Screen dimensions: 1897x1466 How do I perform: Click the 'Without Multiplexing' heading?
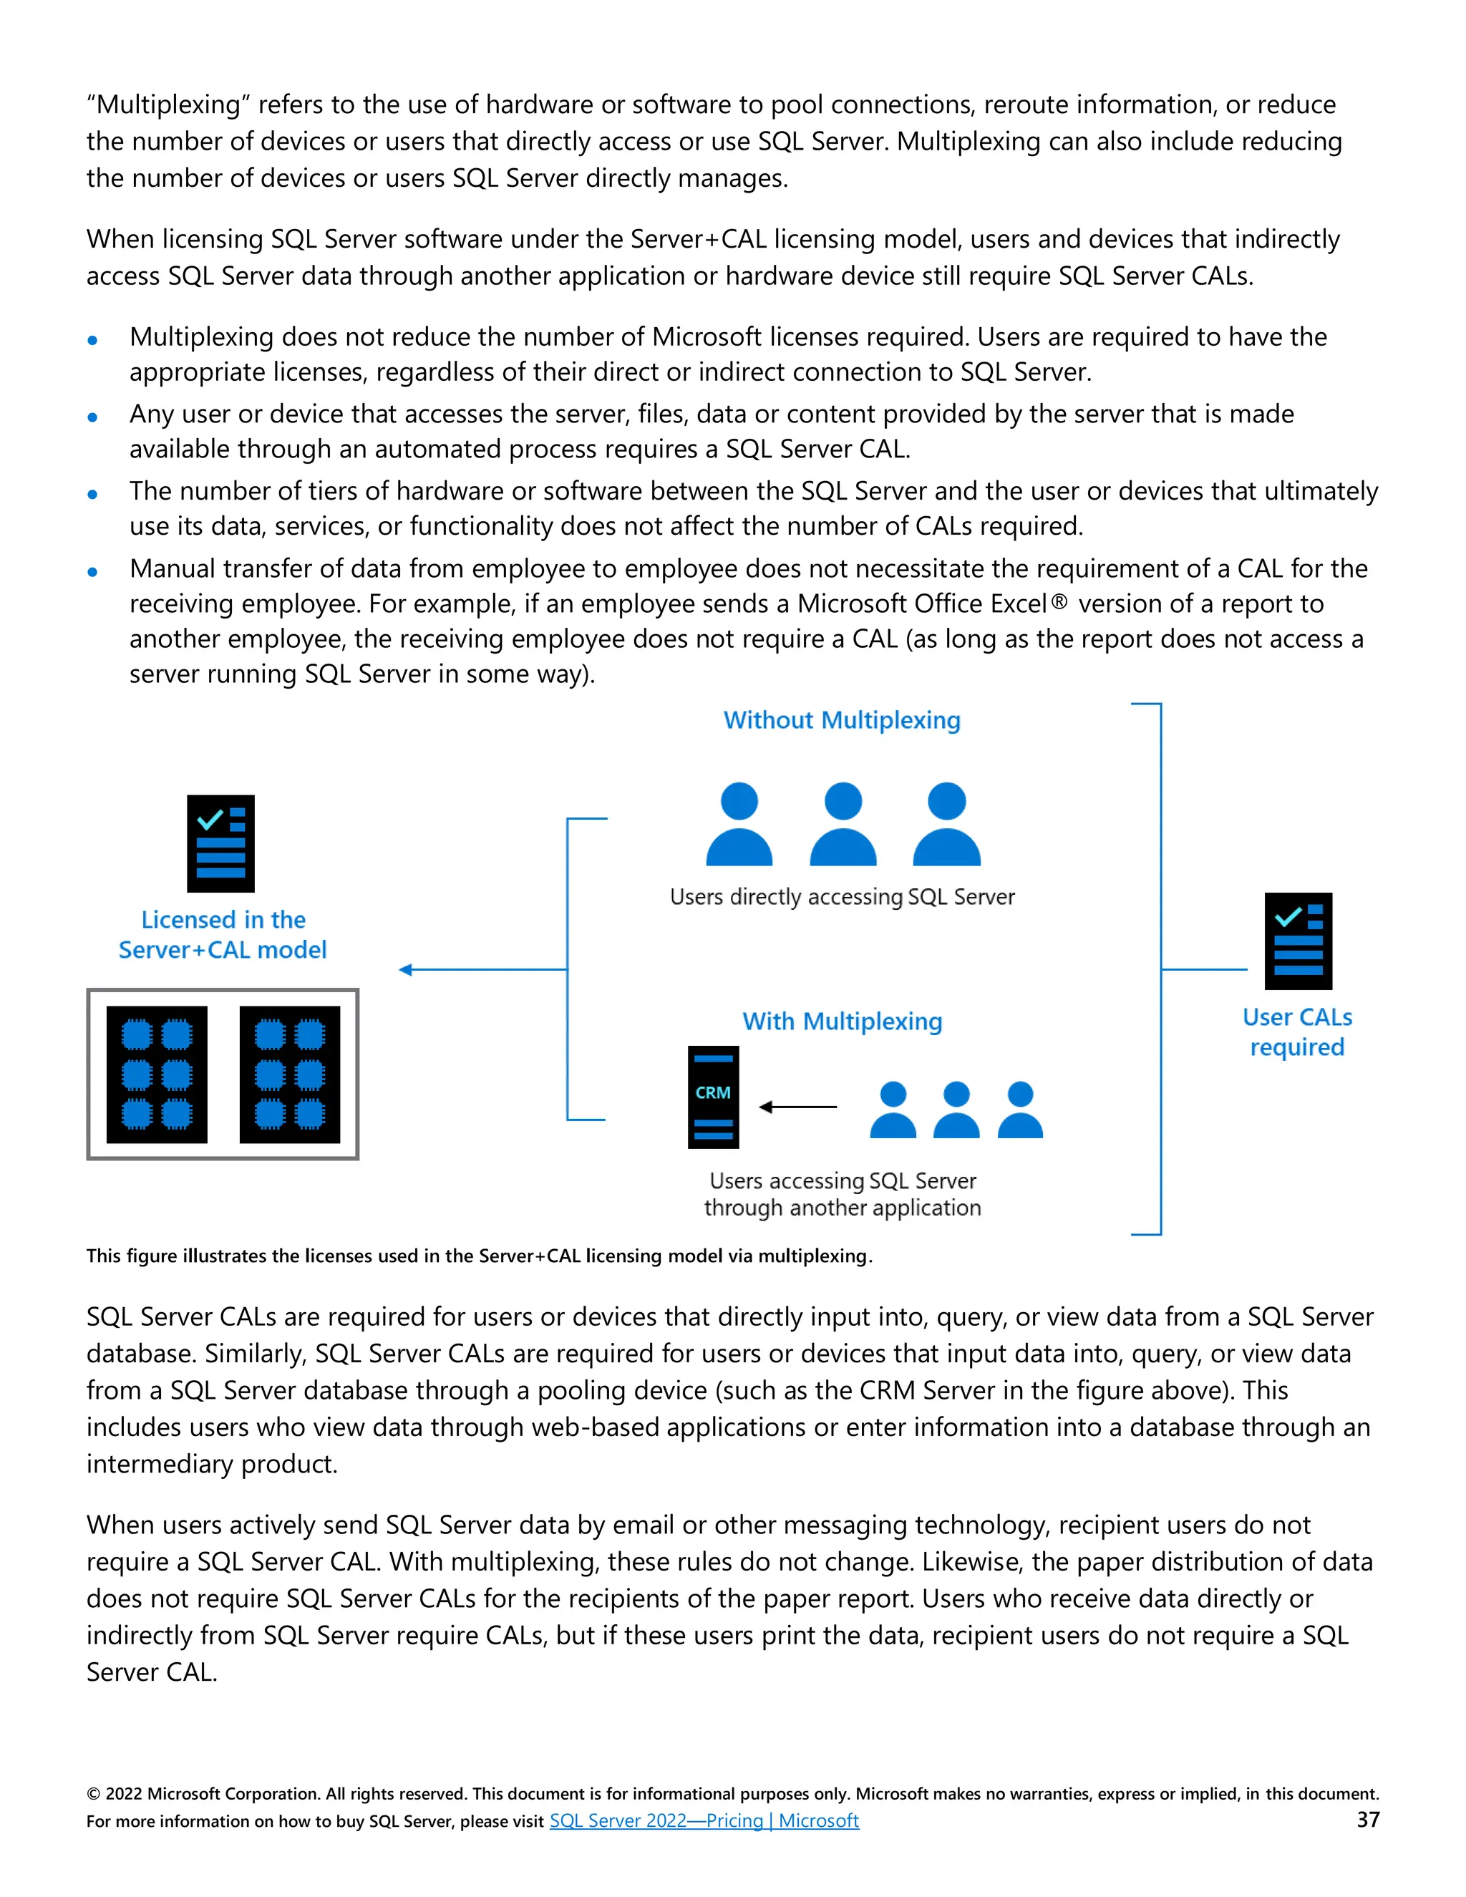842,720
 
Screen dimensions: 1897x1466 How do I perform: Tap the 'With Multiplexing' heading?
842,1022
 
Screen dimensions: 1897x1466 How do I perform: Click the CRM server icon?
713,1097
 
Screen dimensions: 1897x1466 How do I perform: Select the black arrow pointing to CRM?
797,1107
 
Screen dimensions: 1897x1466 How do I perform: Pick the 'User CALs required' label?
1296,1032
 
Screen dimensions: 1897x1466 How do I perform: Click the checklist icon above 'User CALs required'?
1298,941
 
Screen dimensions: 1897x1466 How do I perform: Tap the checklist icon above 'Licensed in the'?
220,843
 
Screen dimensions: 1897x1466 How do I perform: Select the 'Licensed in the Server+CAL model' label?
223,935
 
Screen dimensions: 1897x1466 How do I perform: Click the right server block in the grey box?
289,1074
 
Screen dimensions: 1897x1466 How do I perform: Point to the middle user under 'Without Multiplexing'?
843,824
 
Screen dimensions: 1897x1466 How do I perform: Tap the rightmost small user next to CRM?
1021,1110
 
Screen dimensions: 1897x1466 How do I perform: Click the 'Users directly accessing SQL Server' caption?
842,896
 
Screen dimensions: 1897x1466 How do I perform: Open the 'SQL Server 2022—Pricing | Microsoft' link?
704,1820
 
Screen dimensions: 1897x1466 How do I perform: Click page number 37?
1368,1820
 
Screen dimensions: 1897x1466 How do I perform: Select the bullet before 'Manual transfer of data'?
93,571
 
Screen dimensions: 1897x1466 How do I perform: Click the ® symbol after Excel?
1059,601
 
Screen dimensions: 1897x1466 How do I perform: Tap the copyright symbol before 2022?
93,1794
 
